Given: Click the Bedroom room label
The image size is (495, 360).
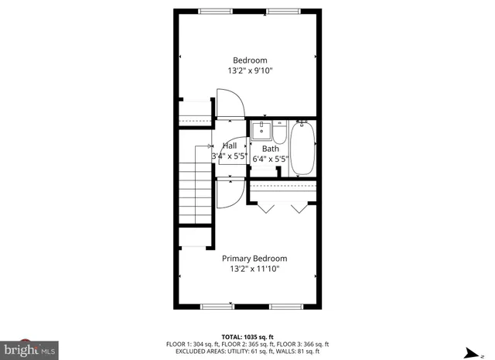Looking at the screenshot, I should tap(250, 60).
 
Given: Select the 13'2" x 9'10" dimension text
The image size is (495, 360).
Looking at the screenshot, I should tap(250, 70).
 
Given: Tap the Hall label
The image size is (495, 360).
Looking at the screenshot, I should tap(230, 146).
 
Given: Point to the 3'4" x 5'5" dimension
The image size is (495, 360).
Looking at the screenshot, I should tap(229, 156).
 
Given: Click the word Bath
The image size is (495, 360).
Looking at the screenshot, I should tap(270, 149).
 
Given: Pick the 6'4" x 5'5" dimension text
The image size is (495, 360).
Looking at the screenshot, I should tap(270, 159).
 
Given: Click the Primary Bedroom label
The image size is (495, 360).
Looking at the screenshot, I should tap(254, 259).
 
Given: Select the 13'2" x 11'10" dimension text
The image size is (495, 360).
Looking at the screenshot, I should tap(254, 269).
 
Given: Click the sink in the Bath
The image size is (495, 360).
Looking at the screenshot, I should tap(261, 129).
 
